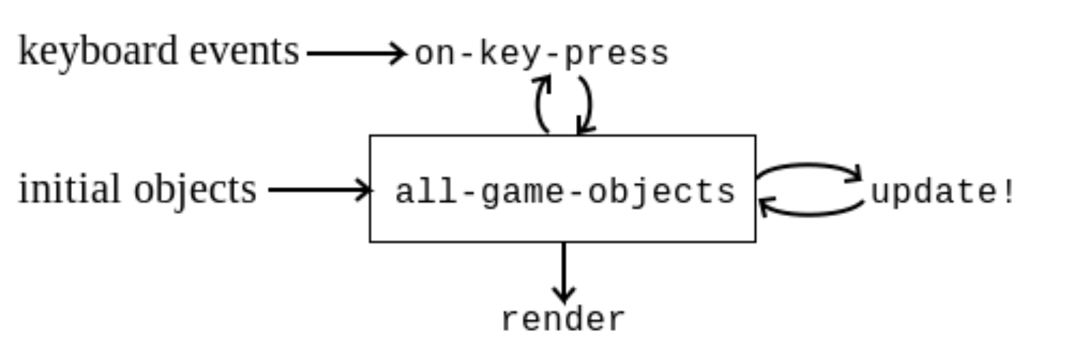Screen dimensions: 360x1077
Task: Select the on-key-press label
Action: point(541,54)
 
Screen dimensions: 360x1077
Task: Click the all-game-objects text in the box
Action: point(565,191)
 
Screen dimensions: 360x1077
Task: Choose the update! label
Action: point(943,191)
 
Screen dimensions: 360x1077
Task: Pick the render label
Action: point(562,319)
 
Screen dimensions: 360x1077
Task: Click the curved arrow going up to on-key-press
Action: point(541,104)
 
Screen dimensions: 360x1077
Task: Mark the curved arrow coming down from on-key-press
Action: point(586,104)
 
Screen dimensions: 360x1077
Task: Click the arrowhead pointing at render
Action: point(563,295)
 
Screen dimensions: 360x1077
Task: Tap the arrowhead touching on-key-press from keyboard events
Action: point(399,53)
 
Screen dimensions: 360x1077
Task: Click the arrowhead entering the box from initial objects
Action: point(364,189)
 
